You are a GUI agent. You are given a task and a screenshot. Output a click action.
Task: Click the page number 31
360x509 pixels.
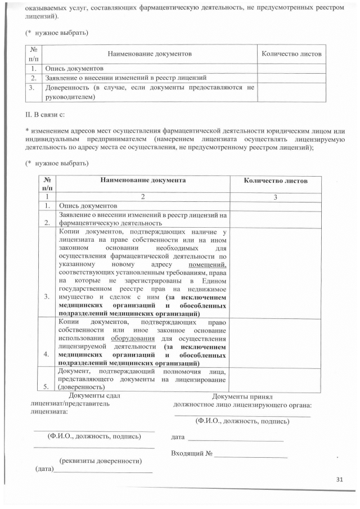[x=339, y=479]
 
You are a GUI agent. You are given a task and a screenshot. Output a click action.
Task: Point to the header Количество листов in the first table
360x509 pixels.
[x=291, y=53]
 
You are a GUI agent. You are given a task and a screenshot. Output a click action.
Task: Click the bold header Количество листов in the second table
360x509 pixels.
[x=276, y=181]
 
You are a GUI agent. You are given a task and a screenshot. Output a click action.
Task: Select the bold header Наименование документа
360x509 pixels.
[x=143, y=181]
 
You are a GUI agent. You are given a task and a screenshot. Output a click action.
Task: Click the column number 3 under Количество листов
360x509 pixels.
[x=276, y=197]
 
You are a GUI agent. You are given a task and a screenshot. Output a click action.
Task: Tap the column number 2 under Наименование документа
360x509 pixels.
[x=143, y=197]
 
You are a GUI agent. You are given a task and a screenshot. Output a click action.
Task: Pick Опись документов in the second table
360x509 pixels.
[x=88, y=206]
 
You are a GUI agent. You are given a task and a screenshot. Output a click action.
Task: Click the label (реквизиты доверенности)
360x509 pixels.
[x=101, y=461]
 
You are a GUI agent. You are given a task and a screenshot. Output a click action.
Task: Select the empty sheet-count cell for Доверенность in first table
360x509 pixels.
[x=291, y=92]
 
